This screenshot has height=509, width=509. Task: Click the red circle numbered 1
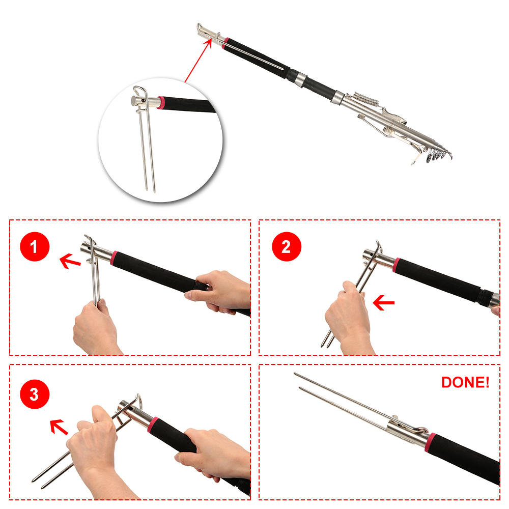(x=35, y=247)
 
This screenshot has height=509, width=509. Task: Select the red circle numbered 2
(x=287, y=247)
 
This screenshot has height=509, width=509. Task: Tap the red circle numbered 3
(x=35, y=394)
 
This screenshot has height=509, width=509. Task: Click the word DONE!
(x=465, y=382)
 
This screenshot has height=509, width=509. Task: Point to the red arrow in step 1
(x=70, y=261)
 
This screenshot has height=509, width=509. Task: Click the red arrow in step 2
(x=383, y=302)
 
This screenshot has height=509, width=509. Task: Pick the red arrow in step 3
(x=59, y=427)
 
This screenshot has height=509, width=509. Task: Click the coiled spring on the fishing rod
(x=365, y=99)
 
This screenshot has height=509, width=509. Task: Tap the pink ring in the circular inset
(x=161, y=103)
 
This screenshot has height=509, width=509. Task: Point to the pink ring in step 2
(x=397, y=265)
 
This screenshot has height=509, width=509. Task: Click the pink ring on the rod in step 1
(x=114, y=258)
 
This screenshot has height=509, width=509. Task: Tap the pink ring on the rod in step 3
(x=153, y=425)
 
